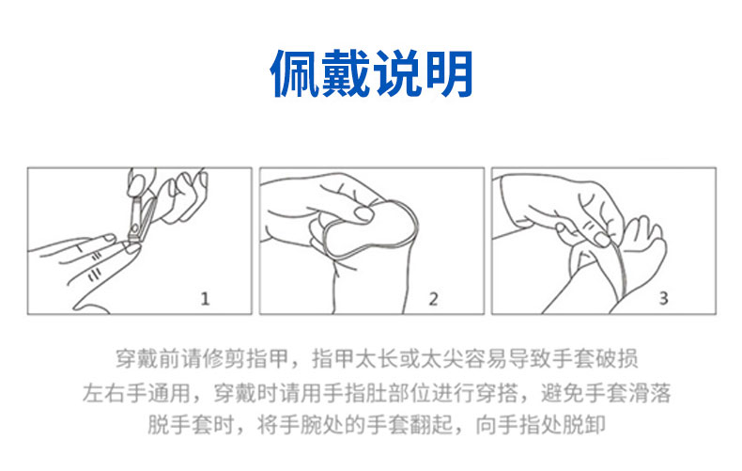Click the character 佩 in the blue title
click(x=295, y=73)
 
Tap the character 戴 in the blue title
click(x=346, y=73)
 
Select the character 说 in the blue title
click(x=397, y=73)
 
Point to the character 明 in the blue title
click(x=448, y=73)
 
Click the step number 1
click(x=205, y=299)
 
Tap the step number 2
click(x=434, y=299)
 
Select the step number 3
click(x=663, y=298)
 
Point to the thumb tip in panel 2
click(x=364, y=213)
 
